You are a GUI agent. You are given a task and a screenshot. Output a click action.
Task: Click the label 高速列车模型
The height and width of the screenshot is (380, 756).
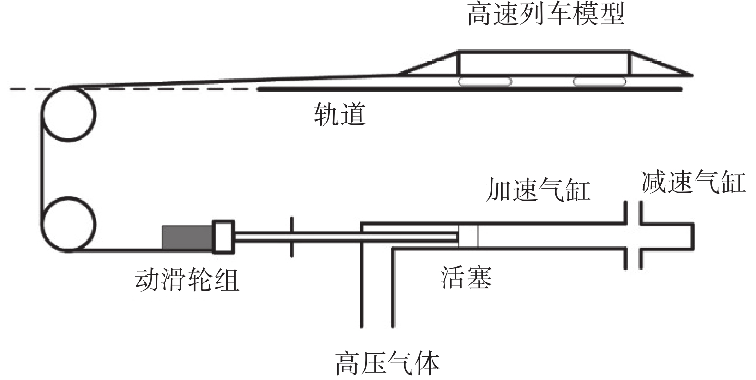click(545, 15)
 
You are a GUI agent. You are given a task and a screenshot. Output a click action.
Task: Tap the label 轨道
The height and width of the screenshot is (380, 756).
click(339, 115)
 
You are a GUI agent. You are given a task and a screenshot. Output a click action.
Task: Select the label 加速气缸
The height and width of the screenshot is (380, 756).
click(537, 190)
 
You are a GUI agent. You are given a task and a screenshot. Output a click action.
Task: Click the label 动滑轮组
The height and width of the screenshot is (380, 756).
click(187, 280)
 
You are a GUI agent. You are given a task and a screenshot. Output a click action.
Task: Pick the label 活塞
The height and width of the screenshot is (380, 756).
click(466, 277)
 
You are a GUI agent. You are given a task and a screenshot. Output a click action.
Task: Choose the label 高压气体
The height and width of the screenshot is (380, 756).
click(387, 364)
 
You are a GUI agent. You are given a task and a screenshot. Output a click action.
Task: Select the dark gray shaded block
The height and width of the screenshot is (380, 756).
click(187, 237)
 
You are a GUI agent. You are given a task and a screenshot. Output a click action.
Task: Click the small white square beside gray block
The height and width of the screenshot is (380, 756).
click(223, 236)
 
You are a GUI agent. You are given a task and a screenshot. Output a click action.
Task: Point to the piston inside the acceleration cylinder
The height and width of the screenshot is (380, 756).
click(468, 236)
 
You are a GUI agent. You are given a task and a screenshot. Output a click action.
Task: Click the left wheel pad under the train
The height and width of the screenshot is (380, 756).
click(484, 82)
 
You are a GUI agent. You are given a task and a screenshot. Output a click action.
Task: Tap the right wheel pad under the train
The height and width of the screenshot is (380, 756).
click(600, 82)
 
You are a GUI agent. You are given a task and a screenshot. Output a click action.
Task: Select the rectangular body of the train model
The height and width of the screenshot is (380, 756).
click(544, 63)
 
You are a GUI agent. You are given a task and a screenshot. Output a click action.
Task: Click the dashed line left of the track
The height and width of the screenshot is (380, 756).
click(144, 89)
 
